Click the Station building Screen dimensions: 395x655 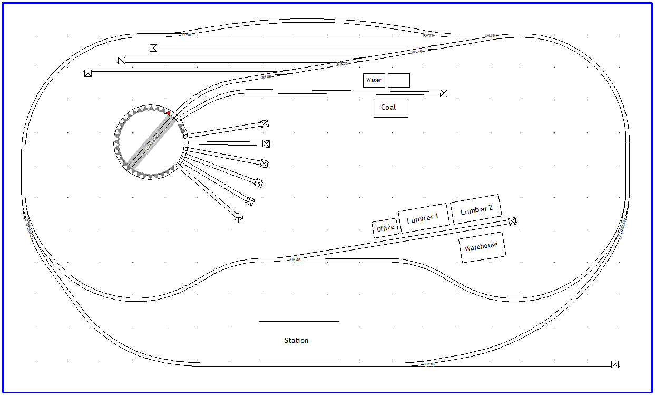(x=299, y=341)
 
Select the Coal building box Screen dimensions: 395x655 (x=390, y=108)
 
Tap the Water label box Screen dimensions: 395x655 (x=374, y=80)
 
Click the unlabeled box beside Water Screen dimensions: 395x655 (x=398, y=80)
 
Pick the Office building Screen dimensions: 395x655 (x=385, y=228)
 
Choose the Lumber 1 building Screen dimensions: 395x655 (x=424, y=218)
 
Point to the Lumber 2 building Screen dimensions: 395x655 (x=476, y=209)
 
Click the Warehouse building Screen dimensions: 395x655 (x=482, y=247)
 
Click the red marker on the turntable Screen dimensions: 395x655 (x=168, y=113)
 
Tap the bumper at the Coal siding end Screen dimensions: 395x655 (x=444, y=93)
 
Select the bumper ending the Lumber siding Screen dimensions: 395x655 (x=512, y=221)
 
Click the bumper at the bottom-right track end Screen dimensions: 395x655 (x=614, y=364)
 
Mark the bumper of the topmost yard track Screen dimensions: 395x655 (x=153, y=48)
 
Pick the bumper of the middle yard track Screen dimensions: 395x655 (x=122, y=61)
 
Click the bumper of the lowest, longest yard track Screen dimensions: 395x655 (x=88, y=73)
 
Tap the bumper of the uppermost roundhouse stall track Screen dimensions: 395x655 (x=265, y=124)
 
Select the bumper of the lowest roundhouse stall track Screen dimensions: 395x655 (x=238, y=217)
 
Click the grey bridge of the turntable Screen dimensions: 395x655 (x=150, y=142)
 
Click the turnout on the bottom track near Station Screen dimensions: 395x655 (x=429, y=364)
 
